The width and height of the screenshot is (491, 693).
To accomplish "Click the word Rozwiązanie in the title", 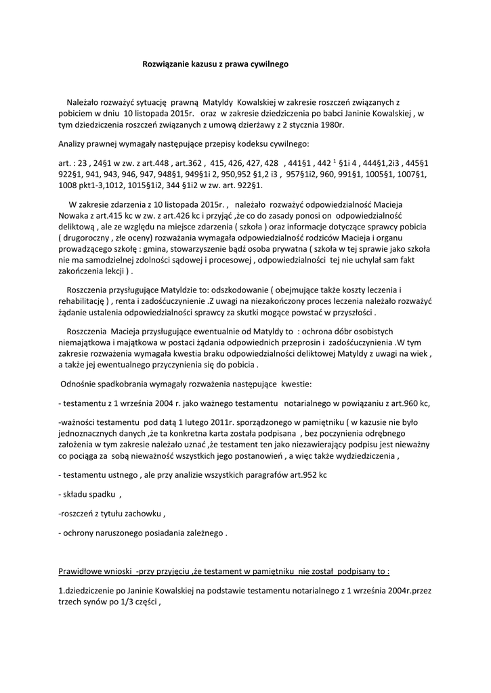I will coord(164,64).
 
